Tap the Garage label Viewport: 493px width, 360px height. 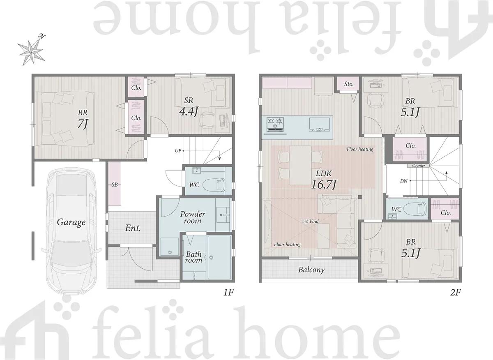tap(71, 222)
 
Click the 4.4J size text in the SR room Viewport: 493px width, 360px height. tap(189, 111)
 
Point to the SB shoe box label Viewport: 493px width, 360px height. tap(115, 185)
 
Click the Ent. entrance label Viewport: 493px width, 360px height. tap(133, 228)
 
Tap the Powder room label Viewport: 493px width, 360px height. tap(193, 217)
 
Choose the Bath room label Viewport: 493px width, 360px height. tap(194, 257)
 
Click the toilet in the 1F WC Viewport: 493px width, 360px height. tap(214, 185)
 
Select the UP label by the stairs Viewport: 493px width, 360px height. tap(178, 151)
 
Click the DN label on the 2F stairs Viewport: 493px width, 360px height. tap(404, 181)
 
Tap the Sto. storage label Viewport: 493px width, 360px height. tap(349, 84)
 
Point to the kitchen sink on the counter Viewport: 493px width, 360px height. tap(319, 125)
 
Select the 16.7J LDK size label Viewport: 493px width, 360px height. tap(324, 185)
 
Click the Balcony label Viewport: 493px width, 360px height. tap(311, 270)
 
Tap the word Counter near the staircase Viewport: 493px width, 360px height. tap(418, 166)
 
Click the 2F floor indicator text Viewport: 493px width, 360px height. tap(455, 293)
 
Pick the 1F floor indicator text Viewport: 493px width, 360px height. tap(228, 293)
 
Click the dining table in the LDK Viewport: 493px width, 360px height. tap(300, 165)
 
